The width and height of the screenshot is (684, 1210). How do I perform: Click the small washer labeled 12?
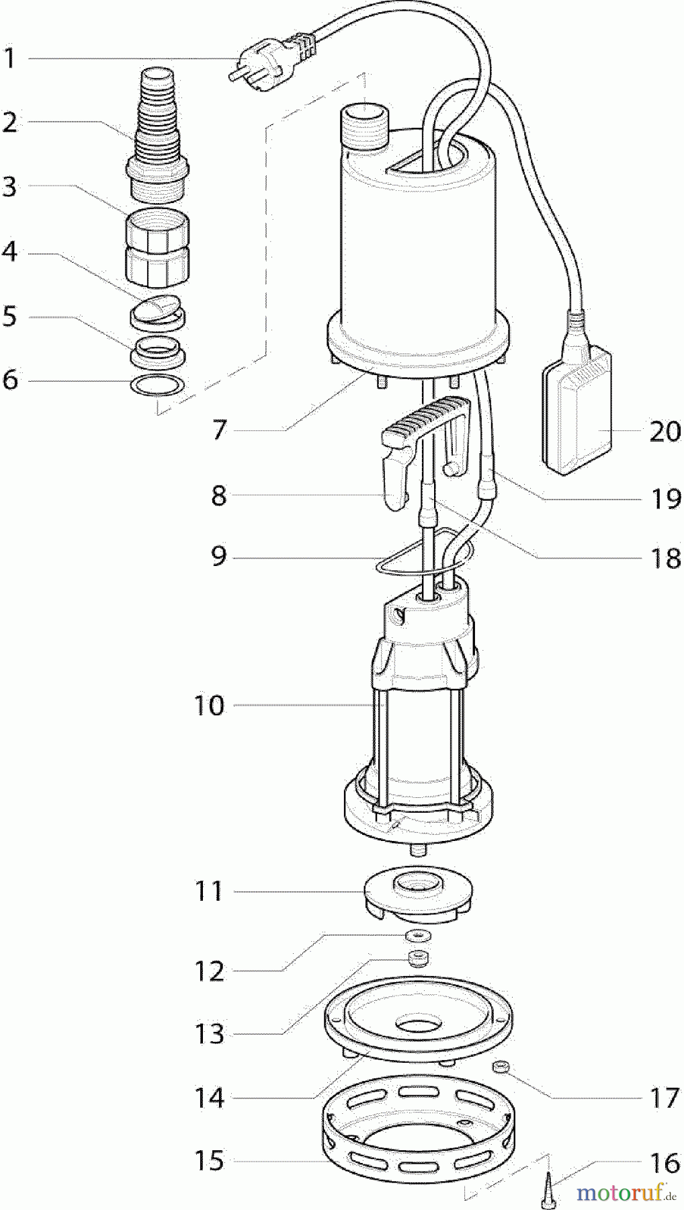click(x=419, y=936)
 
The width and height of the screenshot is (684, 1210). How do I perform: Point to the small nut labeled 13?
click(x=419, y=958)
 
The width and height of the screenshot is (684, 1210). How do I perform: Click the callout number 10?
click(x=209, y=707)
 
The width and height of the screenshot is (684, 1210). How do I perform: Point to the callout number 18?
click(x=665, y=559)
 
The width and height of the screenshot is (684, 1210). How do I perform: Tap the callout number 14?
click(x=209, y=1098)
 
